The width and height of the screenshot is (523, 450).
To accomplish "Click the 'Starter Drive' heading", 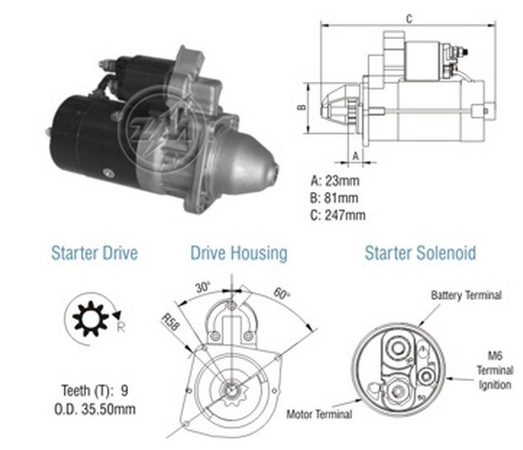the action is pyautogui.click(x=94, y=253).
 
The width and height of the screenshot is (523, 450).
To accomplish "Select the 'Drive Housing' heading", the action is pyautogui.click(x=239, y=254).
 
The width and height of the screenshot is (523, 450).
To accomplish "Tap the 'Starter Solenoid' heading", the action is pyautogui.click(x=421, y=253).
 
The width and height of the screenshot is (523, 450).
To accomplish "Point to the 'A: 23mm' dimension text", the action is pyautogui.click(x=335, y=180).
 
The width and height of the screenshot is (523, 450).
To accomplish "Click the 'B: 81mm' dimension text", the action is pyautogui.click(x=334, y=198).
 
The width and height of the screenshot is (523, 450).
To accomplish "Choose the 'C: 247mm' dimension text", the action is pyautogui.click(x=338, y=215).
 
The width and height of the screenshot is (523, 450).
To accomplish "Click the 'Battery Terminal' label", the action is pyautogui.click(x=466, y=295).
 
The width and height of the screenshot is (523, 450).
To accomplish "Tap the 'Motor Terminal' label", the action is pyautogui.click(x=319, y=414).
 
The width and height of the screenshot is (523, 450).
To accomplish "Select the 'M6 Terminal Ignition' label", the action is pyautogui.click(x=495, y=371).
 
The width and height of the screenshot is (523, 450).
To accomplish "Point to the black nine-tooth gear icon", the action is pyautogui.click(x=90, y=318).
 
